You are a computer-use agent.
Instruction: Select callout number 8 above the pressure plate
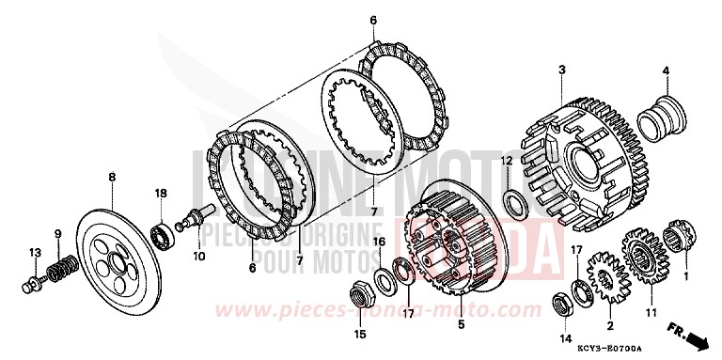click(x=112, y=176)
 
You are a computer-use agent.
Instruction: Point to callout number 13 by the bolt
click(x=34, y=253)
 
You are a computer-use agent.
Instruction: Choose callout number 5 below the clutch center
click(x=460, y=324)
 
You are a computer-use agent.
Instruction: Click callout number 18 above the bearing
click(x=161, y=193)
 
